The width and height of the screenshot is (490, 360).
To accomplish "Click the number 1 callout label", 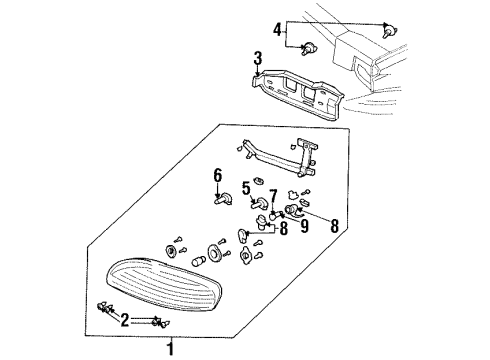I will pyautogui.click(x=170, y=349).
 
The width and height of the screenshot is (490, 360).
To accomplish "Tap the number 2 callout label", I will pyautogui.click(x=124, y=319).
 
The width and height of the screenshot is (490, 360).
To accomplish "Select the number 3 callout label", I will pyautogui.click(x=257, y=57).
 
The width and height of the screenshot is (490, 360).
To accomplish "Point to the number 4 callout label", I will pyautogui.click(x=277, y=28).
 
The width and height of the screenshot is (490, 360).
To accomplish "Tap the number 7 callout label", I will pyautogui.click(x=272, y=192).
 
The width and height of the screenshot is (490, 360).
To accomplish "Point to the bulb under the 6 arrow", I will pyautogui.click(x=217, y=200).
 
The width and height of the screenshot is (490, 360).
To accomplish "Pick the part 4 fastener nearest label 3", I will pyautogui.click(x=308, y=47).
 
